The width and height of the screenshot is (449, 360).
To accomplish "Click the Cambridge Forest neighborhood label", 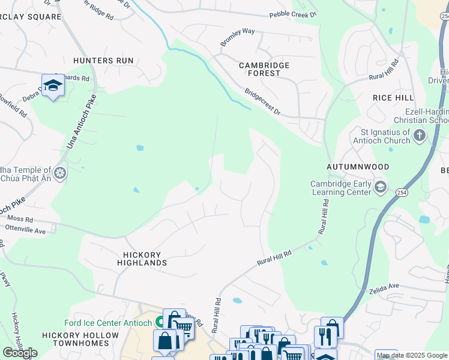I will (264, 69).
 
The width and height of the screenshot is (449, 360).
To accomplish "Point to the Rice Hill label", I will (393, 98).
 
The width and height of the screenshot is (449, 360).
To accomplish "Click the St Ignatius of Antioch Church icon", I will (420, 136).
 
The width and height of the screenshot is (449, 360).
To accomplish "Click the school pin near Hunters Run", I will (53, 85).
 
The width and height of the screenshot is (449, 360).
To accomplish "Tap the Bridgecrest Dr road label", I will (262, 102).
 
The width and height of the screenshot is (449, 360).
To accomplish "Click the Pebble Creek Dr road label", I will (292, 14).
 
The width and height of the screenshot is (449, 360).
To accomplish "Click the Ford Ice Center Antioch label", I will (108, 323).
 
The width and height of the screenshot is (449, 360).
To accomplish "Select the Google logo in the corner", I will (20, 353).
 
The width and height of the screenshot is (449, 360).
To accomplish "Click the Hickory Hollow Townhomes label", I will (76, 339).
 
